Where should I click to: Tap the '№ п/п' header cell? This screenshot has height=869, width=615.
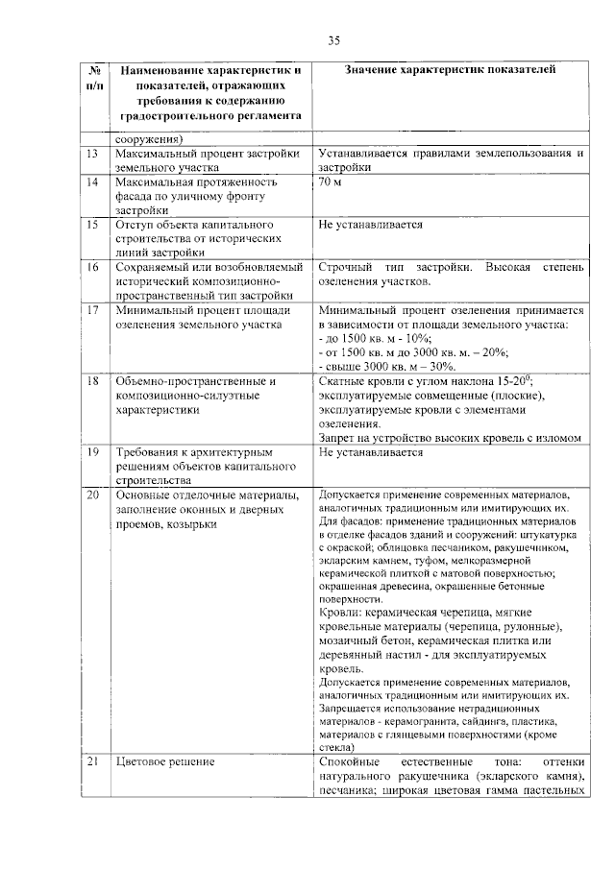coord(94,78)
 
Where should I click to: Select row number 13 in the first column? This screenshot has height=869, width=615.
coord(92,154)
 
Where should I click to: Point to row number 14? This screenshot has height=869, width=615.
coord(92,181)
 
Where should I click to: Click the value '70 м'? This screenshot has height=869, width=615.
coord(331,181)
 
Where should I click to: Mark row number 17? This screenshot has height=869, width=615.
coord(92,311)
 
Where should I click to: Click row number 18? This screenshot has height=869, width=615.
coord(92,381)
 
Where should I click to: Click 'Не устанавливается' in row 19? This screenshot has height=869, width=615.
coord(370,450)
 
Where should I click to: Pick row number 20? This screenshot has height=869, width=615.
coord(92,495)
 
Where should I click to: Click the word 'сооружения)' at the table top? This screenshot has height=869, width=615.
coord(145,138)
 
